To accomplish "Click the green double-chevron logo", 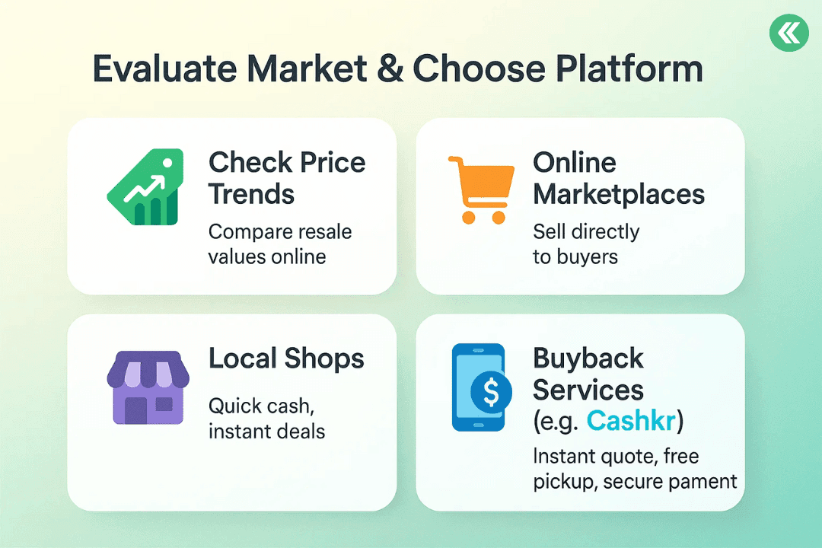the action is (789, 33).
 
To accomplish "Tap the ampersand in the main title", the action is (390, 68).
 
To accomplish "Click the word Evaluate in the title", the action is (164, 68).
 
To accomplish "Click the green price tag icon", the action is (145, 187).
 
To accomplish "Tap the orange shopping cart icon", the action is (481, 190).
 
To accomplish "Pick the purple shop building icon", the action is (148, 387).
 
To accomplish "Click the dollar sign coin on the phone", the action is (491, 392).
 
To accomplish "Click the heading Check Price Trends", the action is (287, 178).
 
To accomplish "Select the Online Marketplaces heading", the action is (619, 178).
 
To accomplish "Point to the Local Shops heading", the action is (286, 358).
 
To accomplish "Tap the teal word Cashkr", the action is (631, 421).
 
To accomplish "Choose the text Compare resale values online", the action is (280, 244).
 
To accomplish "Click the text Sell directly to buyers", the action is (586, 244).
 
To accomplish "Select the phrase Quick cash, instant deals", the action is (267, 419).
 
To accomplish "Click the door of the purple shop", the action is (135, 410).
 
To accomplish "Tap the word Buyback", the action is (588, 358).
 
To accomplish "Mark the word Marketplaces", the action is (619, 195).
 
